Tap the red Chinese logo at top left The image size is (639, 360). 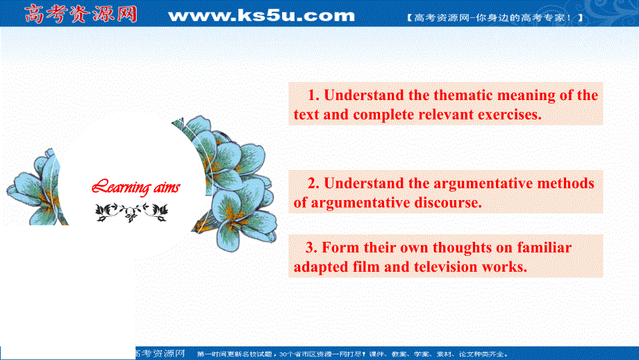coord(81,14)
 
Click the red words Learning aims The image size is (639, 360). coord(136,187)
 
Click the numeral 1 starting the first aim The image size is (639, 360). coord(312,95)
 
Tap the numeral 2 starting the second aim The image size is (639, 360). coord(312,183)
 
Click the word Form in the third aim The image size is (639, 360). coord(340,247)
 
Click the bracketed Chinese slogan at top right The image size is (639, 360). coord(495,17)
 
